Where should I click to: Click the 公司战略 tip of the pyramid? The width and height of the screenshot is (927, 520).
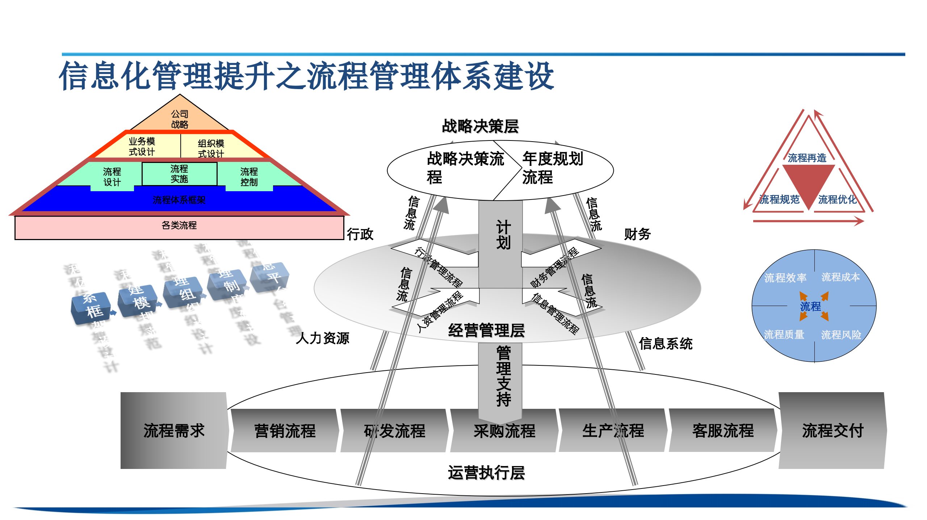(x=180, y=119)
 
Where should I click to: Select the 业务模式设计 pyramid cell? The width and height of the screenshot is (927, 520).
(x=142, y=146)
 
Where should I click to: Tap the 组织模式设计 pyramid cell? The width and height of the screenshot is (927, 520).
(x=211, y=148)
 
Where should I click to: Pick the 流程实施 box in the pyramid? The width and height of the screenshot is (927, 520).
(x=179, y=174)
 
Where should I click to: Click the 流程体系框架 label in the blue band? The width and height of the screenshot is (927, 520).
(x=179, y=200)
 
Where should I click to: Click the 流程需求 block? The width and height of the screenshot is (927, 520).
(x=174, y=431)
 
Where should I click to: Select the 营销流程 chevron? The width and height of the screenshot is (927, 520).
(x=285, y=431)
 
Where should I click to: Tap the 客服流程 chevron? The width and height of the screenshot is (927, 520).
(x=723, y=431)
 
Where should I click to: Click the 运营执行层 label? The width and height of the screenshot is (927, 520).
(x=486, y=473)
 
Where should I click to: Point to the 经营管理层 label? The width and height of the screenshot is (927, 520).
(x=486, y=330)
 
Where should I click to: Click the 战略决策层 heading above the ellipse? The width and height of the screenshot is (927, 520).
(x=481, y=126)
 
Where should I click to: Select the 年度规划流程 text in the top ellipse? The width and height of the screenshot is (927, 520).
(x=552, y=168)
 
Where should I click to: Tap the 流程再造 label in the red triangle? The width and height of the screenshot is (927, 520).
(x=807, y=158)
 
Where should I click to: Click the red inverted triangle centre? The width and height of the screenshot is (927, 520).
(x=809, y=181)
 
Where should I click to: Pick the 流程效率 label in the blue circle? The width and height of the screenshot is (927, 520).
(x=785, y=278)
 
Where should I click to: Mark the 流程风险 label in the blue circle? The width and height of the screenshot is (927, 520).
(x=841, y=335)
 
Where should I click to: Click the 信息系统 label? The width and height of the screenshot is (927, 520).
(x=666, y=343)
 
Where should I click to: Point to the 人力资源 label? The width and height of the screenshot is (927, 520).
(x=322, y=338)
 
